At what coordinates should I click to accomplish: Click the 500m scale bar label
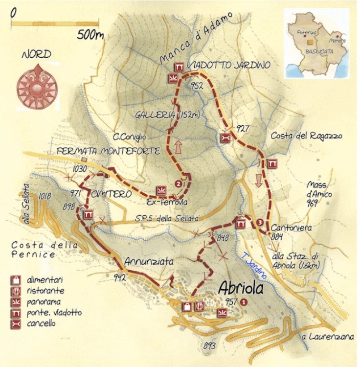coord(91,35)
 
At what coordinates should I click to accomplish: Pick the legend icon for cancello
coord(16,323)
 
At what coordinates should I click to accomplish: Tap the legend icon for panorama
coord(16,301)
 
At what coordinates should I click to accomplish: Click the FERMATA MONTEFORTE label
coord(108,152)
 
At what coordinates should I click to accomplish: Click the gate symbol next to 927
coord(225,138)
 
